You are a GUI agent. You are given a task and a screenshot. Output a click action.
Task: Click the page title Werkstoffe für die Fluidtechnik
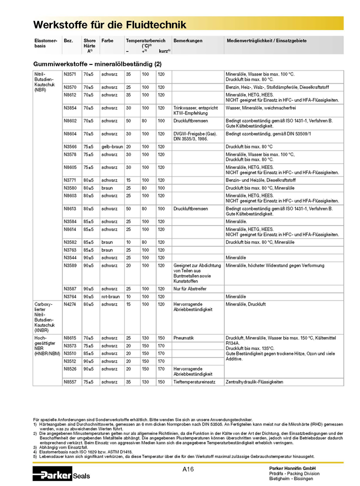pyautogui.click(x=109, y=24)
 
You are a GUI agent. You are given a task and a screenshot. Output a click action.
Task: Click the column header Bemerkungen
pyautogui.click(x=188, y=40)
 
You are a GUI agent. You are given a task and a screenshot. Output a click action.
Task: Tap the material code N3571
pyautogui.click(x=70, y=74)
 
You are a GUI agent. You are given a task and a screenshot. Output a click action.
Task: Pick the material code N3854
pyautogui.click(x=70, y=107)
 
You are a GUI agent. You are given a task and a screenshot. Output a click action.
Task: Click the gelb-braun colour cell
pyautogui.click(x=112, y=146)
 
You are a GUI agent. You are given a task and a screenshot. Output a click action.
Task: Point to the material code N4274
pyautogui.click(x=70, y=304)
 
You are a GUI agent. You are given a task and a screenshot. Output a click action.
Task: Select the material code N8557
pyautogui.click(x=70, y=381)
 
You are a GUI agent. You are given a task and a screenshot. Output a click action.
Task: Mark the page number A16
pyautogui.click(x=188, y=469)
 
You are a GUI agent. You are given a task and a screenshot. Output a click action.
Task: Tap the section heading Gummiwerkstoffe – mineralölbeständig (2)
pyautogui.click(x=97, y=64)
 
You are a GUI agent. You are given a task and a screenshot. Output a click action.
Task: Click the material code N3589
pyautogui.click(x=70, y=265)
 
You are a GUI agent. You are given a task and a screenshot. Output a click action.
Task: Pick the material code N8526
pyautogui.click(x=70, y=369)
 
